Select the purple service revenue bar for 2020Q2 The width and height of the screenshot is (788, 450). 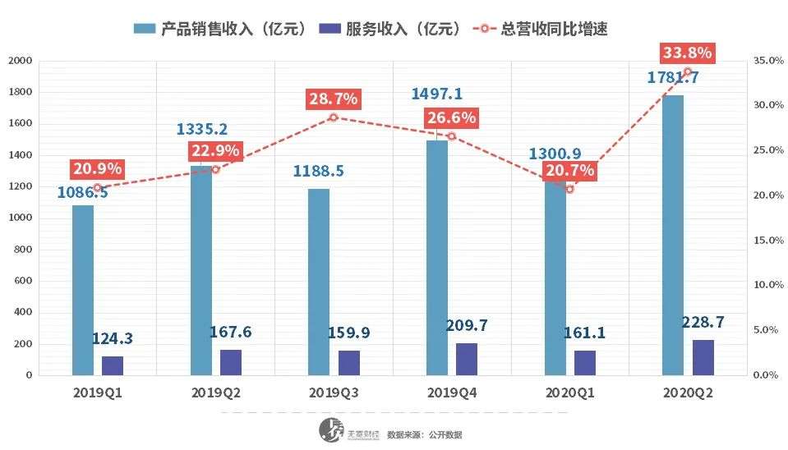click(703, 357)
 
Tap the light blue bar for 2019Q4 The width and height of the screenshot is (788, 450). click(437, 258)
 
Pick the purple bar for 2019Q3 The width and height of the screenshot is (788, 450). click(349, 363)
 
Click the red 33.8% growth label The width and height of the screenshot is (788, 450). click(687, 53)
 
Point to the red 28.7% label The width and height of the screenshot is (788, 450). click(333, 99)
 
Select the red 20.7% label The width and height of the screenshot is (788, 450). click(569, 172)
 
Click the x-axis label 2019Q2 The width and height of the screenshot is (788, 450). click(215, 393)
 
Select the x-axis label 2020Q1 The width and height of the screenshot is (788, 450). click(569, 393)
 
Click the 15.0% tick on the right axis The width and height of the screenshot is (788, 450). click(767, 241)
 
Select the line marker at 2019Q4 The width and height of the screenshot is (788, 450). click(451, 136)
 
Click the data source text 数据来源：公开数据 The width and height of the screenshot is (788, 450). click(424, 434)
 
